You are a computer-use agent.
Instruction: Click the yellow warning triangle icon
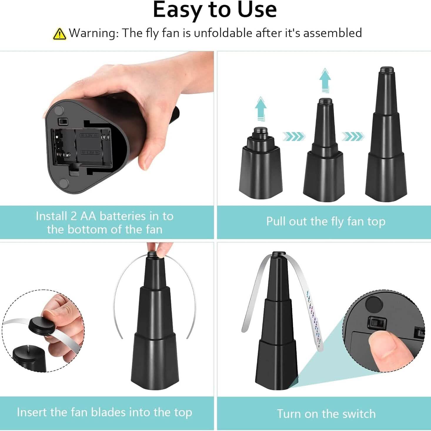(x=60, y=34)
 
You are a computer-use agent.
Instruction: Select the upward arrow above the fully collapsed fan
(x=260, y=109)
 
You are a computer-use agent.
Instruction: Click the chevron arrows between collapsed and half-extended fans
(x=294, y=136)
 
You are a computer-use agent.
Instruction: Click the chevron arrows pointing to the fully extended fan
(x=353, y=136)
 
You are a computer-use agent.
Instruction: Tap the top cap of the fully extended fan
(x=387, y=70)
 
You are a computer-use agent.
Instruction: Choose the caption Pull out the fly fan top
(x=325, y=222)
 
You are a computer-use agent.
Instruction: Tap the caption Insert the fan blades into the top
(x=104, y=412)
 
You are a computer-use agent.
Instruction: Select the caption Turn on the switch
(x=326, y=414)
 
